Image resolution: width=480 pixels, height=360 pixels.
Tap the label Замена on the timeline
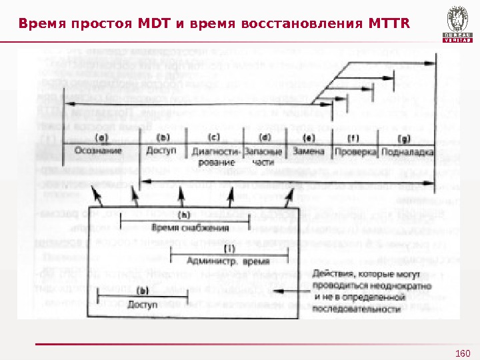(308, 151)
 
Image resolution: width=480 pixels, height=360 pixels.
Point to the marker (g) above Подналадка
(403, 139)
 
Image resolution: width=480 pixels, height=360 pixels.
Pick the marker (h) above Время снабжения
(183, 215)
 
